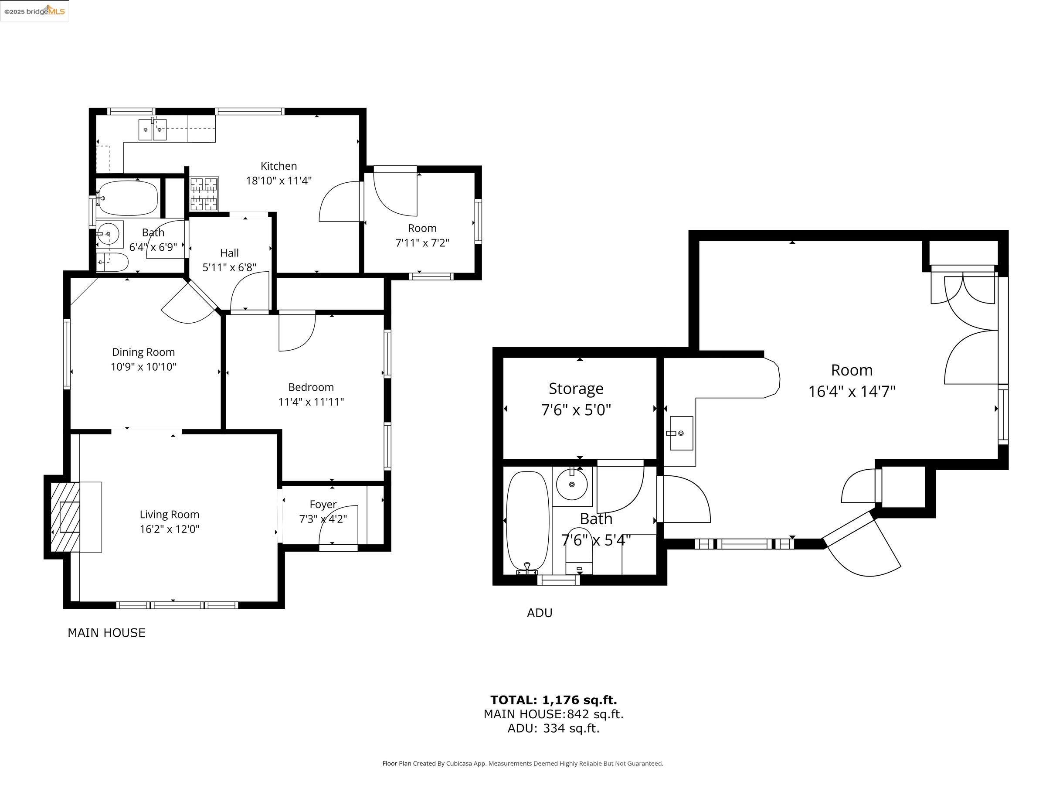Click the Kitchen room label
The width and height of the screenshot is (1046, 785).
point(278,166)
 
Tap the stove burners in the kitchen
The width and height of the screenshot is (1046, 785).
point(204,194)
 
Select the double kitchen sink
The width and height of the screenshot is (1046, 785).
point(153,130)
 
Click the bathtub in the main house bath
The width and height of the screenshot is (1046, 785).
point(128,198)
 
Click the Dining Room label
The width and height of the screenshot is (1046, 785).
point(143,352)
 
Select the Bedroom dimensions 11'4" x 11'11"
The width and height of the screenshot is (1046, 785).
point(311,402)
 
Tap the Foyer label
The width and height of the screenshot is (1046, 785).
point(323,505)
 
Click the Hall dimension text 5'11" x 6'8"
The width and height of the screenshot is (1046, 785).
point(229,268)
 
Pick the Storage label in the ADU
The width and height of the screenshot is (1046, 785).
point(576,389)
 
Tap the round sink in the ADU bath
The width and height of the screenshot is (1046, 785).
point(572,484)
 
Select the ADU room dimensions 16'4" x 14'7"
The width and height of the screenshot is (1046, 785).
point(852,392)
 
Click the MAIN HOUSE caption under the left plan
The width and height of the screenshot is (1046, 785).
point(106,633)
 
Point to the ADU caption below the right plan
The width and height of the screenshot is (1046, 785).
point(540,613)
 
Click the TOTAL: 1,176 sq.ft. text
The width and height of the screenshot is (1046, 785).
point(553,700)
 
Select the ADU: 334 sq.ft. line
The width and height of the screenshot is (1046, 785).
point(553,728)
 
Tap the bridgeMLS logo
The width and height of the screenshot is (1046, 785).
point(34,11)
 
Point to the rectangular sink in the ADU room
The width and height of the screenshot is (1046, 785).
point(681,433)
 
